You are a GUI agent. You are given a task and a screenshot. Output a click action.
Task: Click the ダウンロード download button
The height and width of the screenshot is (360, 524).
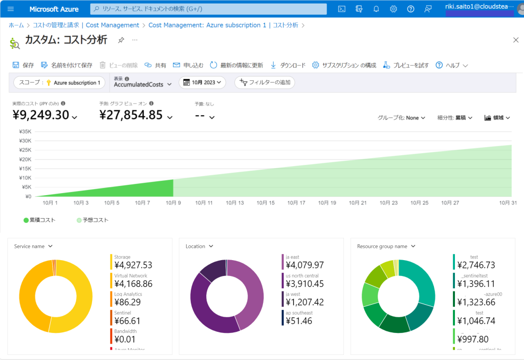tap(288, 65)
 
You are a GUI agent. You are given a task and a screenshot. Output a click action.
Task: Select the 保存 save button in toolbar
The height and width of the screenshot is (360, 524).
tap(23, 65)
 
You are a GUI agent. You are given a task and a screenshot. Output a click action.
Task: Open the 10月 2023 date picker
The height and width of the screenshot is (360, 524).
tap(202, 82)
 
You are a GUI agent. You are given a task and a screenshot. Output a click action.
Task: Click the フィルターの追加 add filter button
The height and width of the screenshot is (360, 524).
tap(265, 82)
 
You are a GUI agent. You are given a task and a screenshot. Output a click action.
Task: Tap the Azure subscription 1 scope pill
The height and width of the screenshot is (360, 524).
tap(60, 82)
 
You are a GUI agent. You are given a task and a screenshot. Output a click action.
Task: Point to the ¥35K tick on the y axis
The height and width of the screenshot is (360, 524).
tap(25, 132)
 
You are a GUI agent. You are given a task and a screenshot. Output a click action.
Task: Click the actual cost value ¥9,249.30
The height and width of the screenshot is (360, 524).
tap(40, 115)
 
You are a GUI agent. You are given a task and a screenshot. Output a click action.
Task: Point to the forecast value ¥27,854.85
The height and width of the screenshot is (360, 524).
tap(131, 115)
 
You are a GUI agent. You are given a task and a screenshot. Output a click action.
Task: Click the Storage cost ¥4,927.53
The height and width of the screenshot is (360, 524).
tap(133, 265)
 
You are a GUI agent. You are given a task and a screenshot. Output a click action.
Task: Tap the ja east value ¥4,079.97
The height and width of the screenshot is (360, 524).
tap(304, 265)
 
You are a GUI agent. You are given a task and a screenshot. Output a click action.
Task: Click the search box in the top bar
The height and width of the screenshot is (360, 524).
tap(208, 9)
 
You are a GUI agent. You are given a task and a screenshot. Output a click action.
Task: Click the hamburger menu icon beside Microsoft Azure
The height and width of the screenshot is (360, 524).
tap(11, 9)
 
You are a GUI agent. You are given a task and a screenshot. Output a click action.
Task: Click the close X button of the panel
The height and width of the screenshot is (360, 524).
tap(515, 40)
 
